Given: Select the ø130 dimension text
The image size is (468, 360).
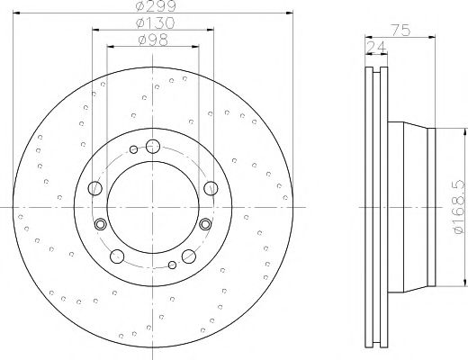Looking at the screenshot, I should point(154,22).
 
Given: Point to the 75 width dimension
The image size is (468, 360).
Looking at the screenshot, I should point(401,31).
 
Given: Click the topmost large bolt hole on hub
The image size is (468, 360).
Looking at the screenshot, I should point(152,146).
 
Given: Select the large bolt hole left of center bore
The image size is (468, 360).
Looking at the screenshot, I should point(95,187).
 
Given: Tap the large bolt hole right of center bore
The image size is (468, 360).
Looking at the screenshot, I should point(211,187).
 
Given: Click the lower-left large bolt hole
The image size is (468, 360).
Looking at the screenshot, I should point(117,256).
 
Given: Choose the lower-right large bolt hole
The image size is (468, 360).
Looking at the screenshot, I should point(188,256).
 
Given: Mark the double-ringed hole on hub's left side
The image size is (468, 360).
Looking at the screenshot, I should point(101,224).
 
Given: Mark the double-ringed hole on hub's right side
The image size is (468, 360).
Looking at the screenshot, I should point(205,224).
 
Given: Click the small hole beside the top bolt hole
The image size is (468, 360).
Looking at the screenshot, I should point(134,149).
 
